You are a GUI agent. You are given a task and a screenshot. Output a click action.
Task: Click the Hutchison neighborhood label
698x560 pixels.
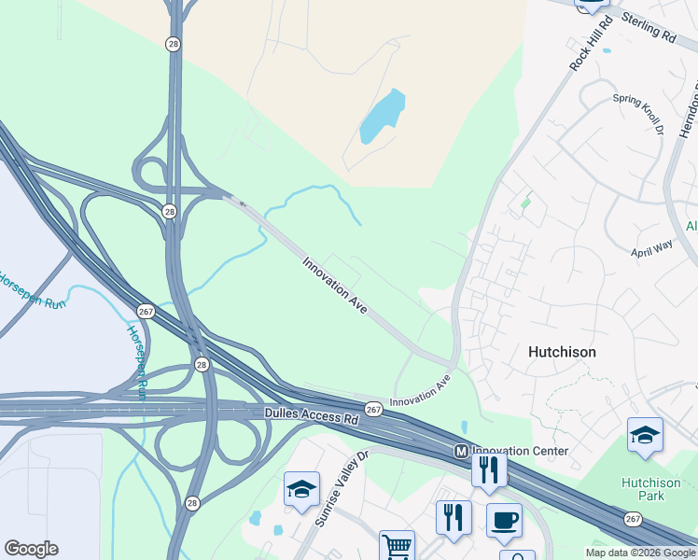tap(562, 352)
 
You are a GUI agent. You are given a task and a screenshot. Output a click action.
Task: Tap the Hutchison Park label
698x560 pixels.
tap(644, 489)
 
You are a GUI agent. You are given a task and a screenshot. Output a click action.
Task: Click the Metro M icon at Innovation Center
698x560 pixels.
tap(460, 451)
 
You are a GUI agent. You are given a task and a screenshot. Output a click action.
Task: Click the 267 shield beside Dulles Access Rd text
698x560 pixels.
tap(373, 409)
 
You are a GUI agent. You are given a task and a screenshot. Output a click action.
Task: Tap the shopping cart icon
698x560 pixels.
tap(397, 546)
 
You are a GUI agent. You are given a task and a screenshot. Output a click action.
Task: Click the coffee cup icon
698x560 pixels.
tap(505, 520)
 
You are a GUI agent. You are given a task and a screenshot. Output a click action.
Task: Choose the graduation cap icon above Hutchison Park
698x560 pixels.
tap(645, 435)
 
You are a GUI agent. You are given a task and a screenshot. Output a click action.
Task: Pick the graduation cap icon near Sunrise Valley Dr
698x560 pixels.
tap(301, 489)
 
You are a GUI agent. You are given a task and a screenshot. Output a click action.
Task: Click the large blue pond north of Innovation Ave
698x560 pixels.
tap(384, 118)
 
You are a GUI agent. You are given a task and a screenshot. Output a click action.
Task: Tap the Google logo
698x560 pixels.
tap(31, 549)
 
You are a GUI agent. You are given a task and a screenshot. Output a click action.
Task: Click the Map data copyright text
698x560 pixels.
tap(639, 553)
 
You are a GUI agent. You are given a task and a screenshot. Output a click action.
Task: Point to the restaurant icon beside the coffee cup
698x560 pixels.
tap(454, 517)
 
